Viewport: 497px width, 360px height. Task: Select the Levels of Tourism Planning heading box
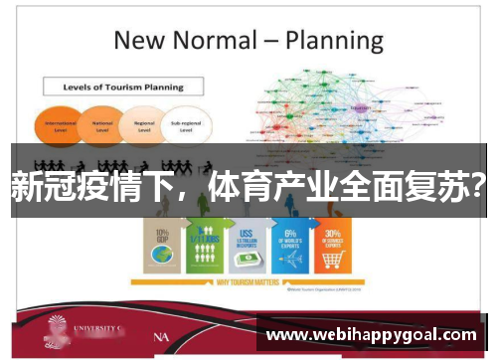tap(125, 87)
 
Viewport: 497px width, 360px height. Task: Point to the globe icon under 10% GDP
tap(161, 261)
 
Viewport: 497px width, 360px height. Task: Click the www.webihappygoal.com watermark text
tap(372, 335)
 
